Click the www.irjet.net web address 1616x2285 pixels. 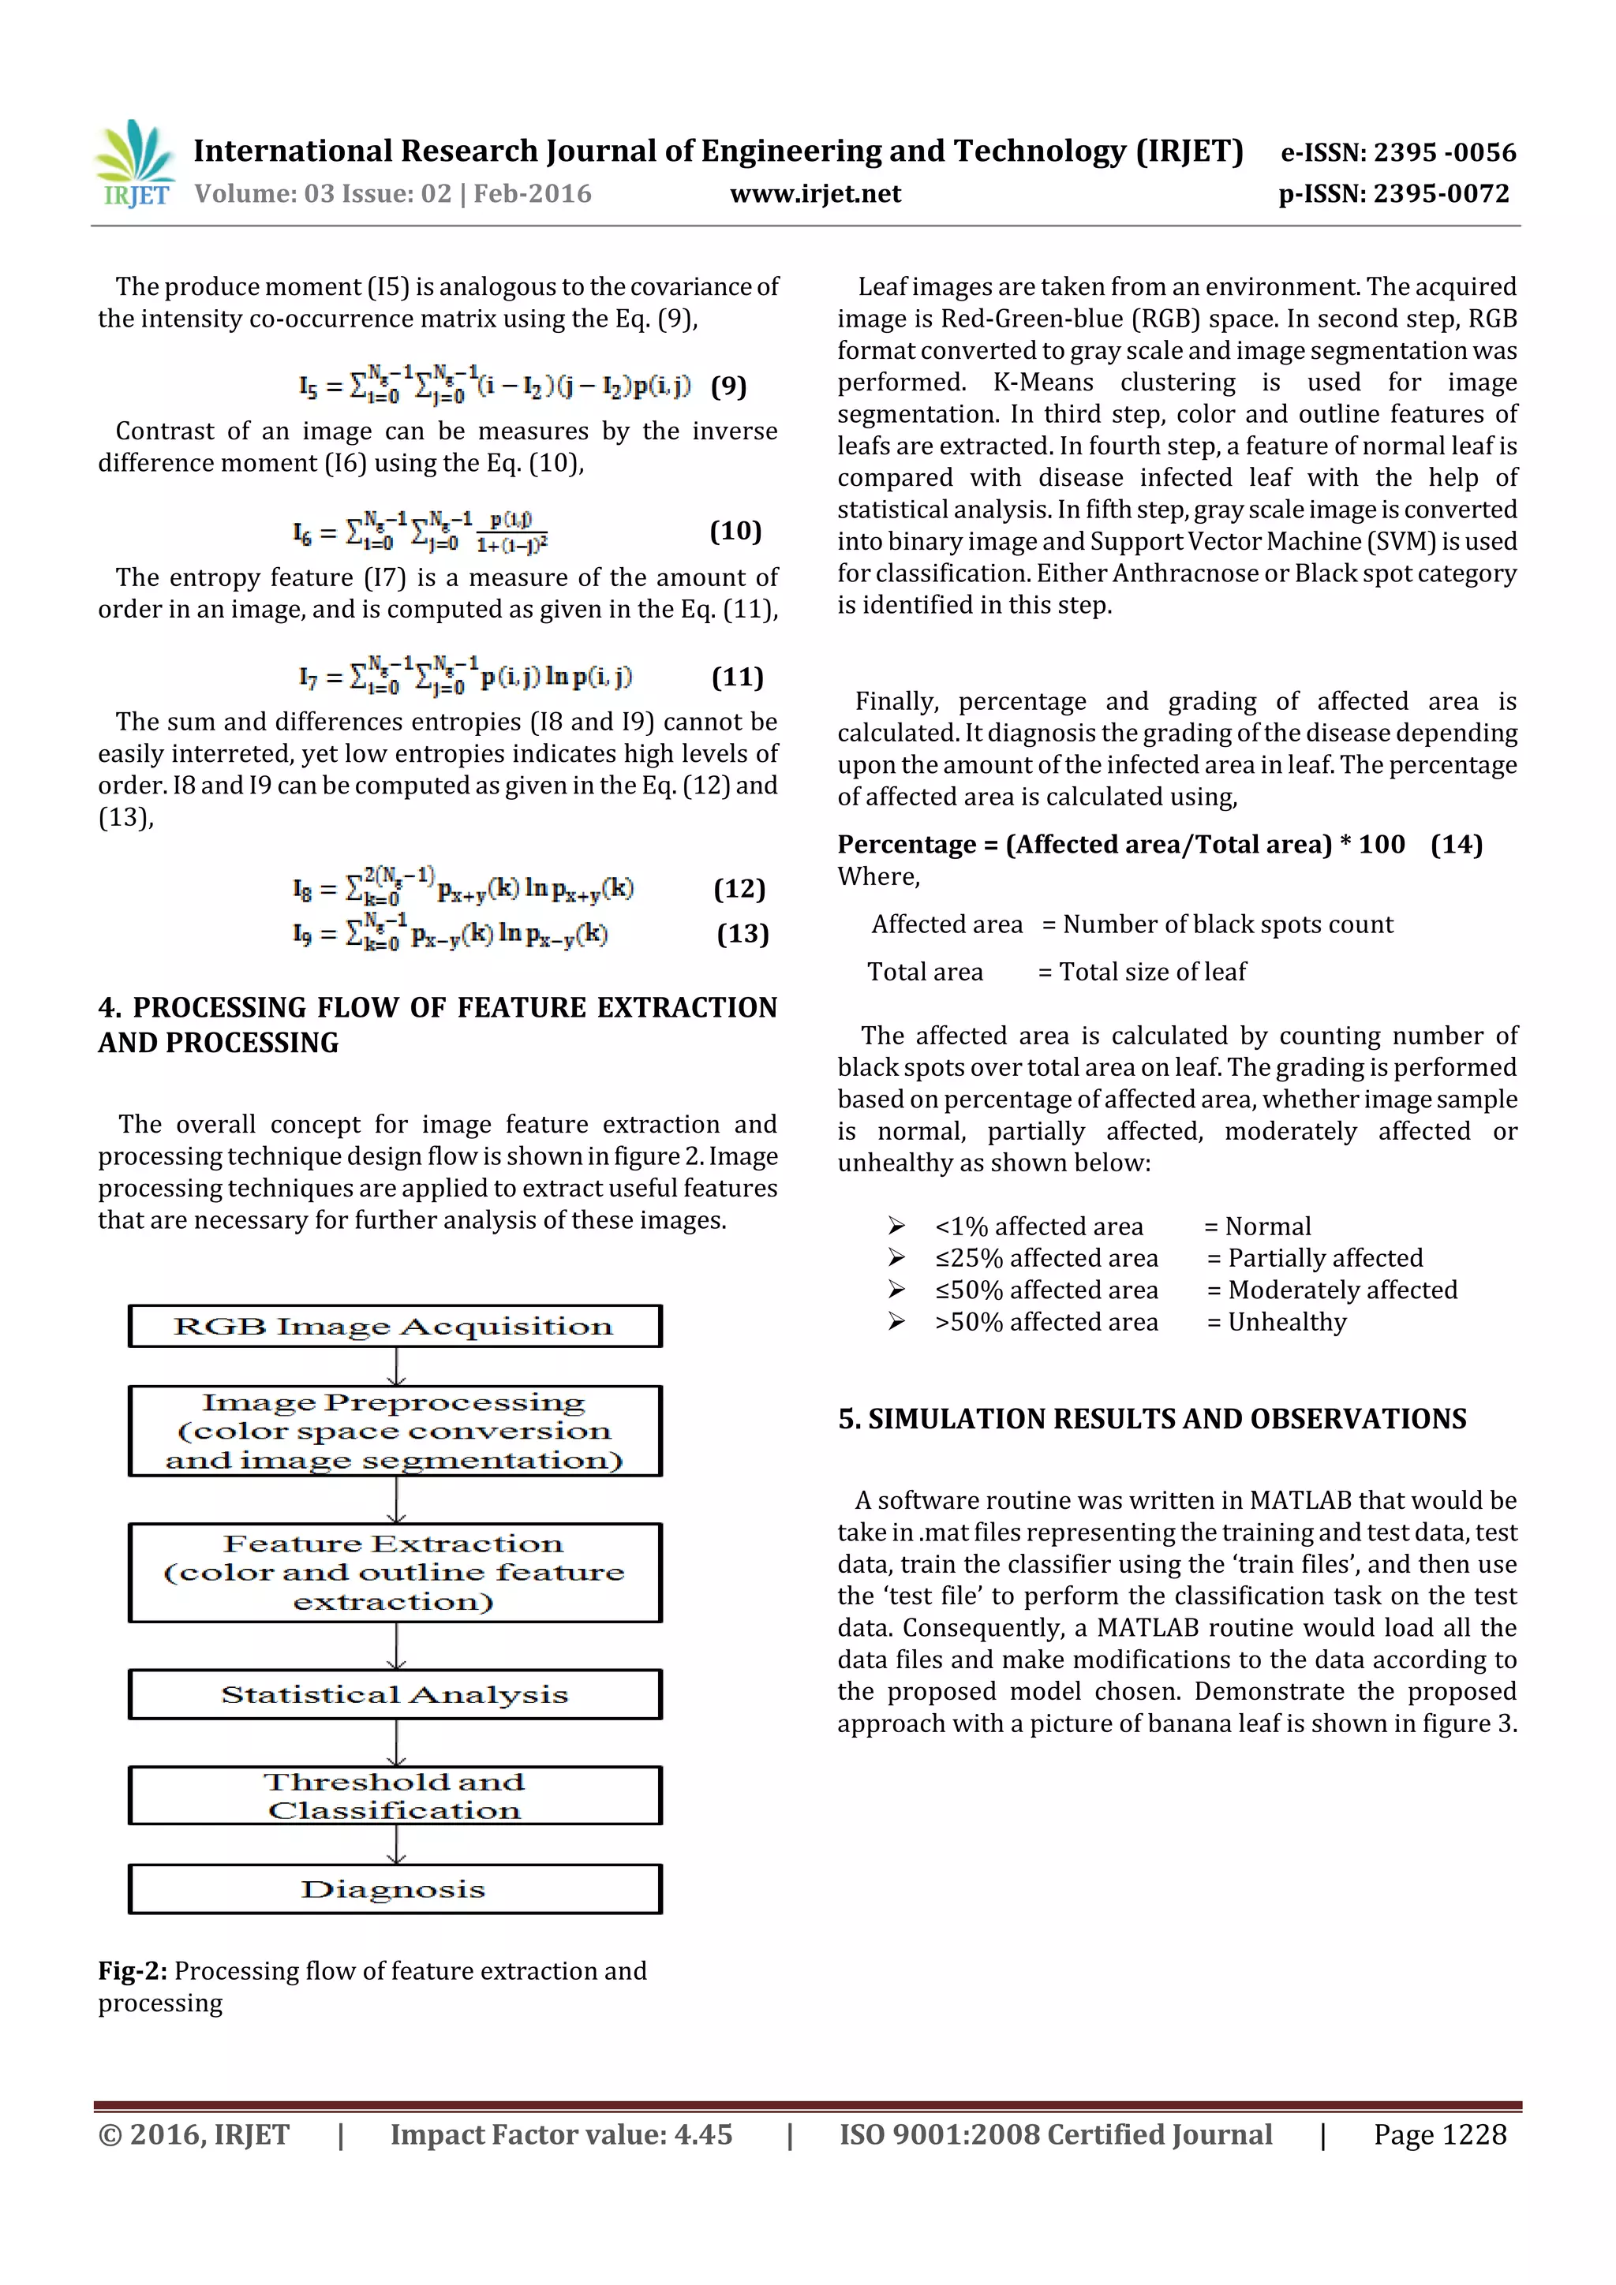[814, 194]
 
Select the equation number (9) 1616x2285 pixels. [728, 386]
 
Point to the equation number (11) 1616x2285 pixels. [737, 678]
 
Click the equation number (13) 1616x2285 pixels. [743, 934]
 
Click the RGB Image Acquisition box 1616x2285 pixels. [395, 1327]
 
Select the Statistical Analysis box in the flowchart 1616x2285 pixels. [395, 1694]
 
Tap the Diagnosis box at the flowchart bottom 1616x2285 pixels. [395, 1889]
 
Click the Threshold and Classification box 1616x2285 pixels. [395, 1795]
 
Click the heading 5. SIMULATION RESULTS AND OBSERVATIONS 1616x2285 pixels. [1152, 1419]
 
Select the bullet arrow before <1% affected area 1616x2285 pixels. [896, 1226]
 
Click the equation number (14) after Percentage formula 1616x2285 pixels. [1456, 845]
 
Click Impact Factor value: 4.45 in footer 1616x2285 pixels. [560, 2134]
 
